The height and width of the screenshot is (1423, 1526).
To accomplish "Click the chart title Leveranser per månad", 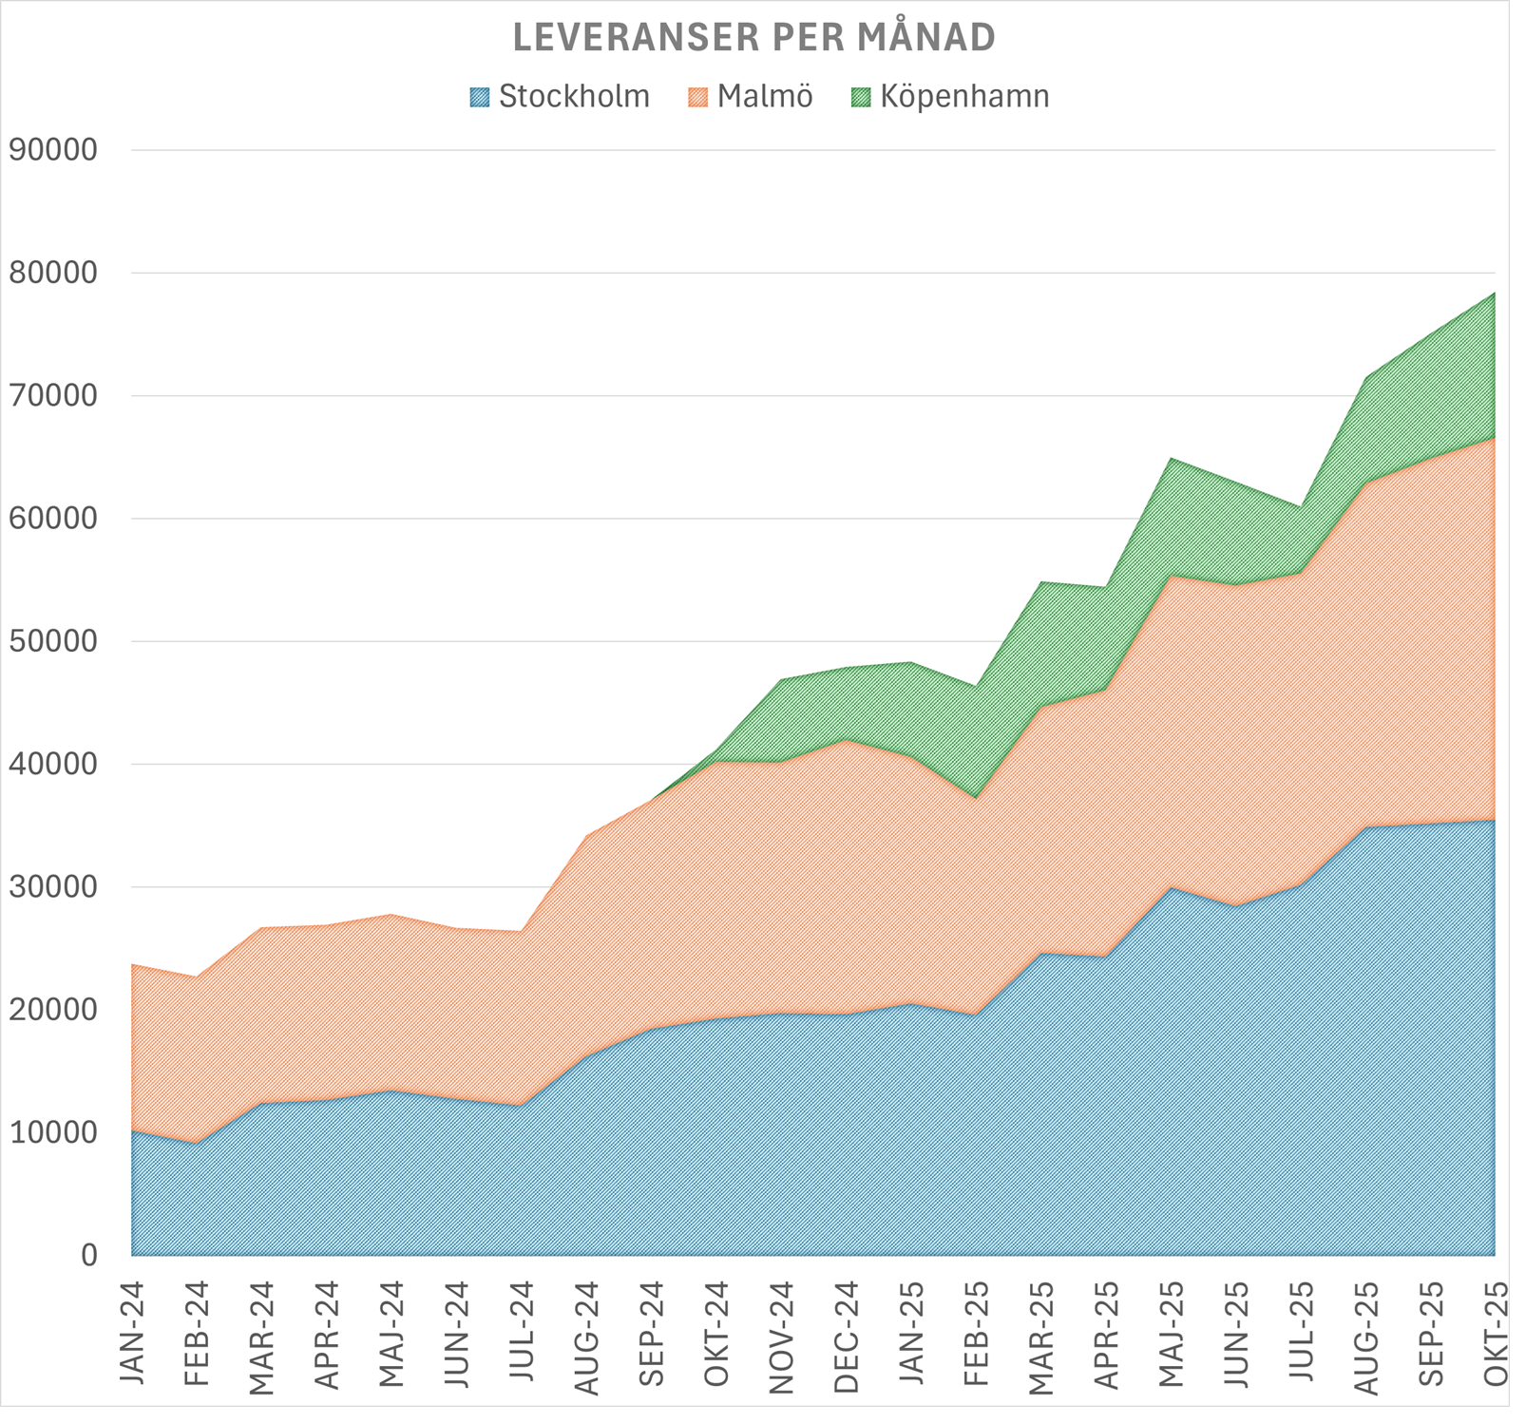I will click(753, 38).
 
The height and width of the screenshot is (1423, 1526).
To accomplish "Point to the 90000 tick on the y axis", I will click(52, 150).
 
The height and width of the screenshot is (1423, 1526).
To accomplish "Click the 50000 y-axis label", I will click(52, 641).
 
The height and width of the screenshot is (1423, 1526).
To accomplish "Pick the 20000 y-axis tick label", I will click(52, 1010).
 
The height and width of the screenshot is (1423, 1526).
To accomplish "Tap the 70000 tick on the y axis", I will click(52, 396).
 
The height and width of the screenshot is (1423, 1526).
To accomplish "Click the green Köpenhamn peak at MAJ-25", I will click(1171, 459).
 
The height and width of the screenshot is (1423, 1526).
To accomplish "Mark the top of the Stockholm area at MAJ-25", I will click(1171, 888).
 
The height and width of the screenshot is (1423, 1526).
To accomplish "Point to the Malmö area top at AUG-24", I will click(586, 836).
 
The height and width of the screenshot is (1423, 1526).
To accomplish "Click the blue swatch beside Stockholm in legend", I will click(480, 97).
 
